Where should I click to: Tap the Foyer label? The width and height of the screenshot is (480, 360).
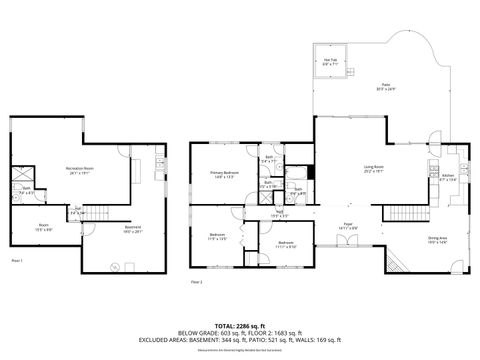[x=348, y=227]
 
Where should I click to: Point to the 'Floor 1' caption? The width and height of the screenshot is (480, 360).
[x=17, y=260]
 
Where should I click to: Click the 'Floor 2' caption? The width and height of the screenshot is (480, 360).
[x=196, y=282]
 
